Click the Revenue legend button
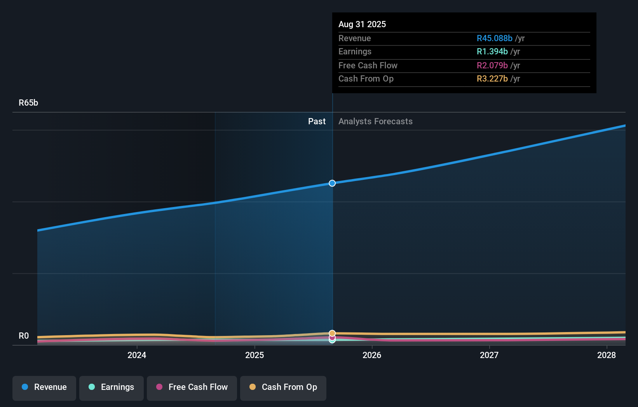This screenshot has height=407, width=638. coord(44,387)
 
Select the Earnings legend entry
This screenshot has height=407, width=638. coord(112,387)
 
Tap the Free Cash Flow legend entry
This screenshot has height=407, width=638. coord(192,387)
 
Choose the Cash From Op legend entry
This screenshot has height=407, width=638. coord(283,387)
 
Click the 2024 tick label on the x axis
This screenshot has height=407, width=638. coord(137,355)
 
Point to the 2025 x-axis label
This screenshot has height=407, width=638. coord(255,355)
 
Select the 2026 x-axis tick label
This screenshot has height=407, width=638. coord(372,355)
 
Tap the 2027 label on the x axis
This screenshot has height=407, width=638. coord(489,355)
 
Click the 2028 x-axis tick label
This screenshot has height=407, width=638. coord(607,355)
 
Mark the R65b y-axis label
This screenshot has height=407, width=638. coord(28,103)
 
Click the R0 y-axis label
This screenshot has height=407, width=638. coord(24,336)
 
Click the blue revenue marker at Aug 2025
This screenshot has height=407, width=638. coord(332,183)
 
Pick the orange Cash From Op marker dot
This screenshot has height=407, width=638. coord(332,333)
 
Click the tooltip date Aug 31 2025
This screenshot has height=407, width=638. coord(362,24)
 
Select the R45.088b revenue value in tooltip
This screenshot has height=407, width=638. coord(494,38)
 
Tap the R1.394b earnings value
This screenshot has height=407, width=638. coord(492,52)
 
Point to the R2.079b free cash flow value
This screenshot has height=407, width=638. coord(492,66)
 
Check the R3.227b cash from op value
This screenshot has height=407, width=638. coord(492,79)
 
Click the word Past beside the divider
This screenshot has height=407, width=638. coord(317,122)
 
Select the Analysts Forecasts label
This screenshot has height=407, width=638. coord(375,122)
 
